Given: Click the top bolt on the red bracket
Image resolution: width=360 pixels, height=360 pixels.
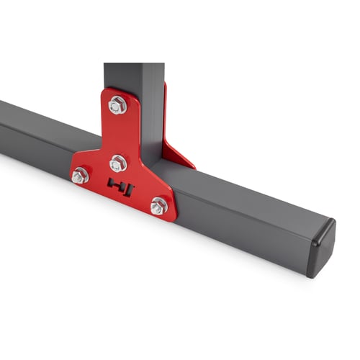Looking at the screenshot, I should pos(118,106).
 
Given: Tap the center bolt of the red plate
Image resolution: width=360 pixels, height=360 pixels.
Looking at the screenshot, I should pos(118,163).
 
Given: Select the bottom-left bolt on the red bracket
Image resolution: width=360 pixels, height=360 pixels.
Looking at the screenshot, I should pos(81,175).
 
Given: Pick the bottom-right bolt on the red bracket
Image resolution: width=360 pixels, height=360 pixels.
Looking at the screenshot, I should pos(158,207).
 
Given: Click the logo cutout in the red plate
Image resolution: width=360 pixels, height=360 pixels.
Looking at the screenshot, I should pos(120,186).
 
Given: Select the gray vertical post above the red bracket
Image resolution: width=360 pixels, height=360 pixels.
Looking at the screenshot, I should pos(133,76).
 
